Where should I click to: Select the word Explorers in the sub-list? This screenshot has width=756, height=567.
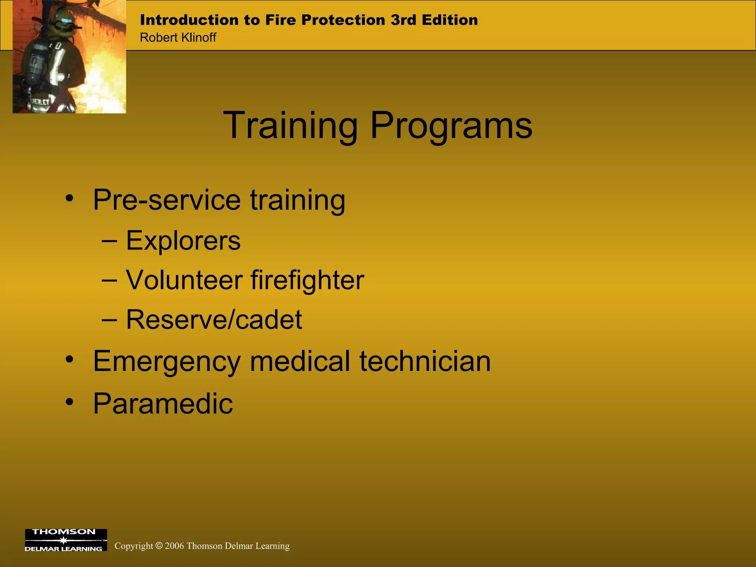coord(183,241)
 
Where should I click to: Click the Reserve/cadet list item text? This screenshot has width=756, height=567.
coord(214,319)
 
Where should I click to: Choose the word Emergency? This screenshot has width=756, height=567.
coord(166,361)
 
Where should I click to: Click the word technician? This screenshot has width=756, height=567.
coord(425,361)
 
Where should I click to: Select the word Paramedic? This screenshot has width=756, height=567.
coord(163,403)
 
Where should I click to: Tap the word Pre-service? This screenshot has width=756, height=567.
coord(166,200)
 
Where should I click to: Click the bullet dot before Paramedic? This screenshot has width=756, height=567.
coord(69,402)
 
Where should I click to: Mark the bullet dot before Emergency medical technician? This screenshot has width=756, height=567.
coord(69,360)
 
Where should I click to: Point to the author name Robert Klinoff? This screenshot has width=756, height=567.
coord(178,38)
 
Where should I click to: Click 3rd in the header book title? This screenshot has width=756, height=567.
coord(403,20)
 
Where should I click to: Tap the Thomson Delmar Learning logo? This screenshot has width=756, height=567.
coord(66,540)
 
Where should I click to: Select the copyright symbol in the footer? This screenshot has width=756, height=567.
coord(159,546)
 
